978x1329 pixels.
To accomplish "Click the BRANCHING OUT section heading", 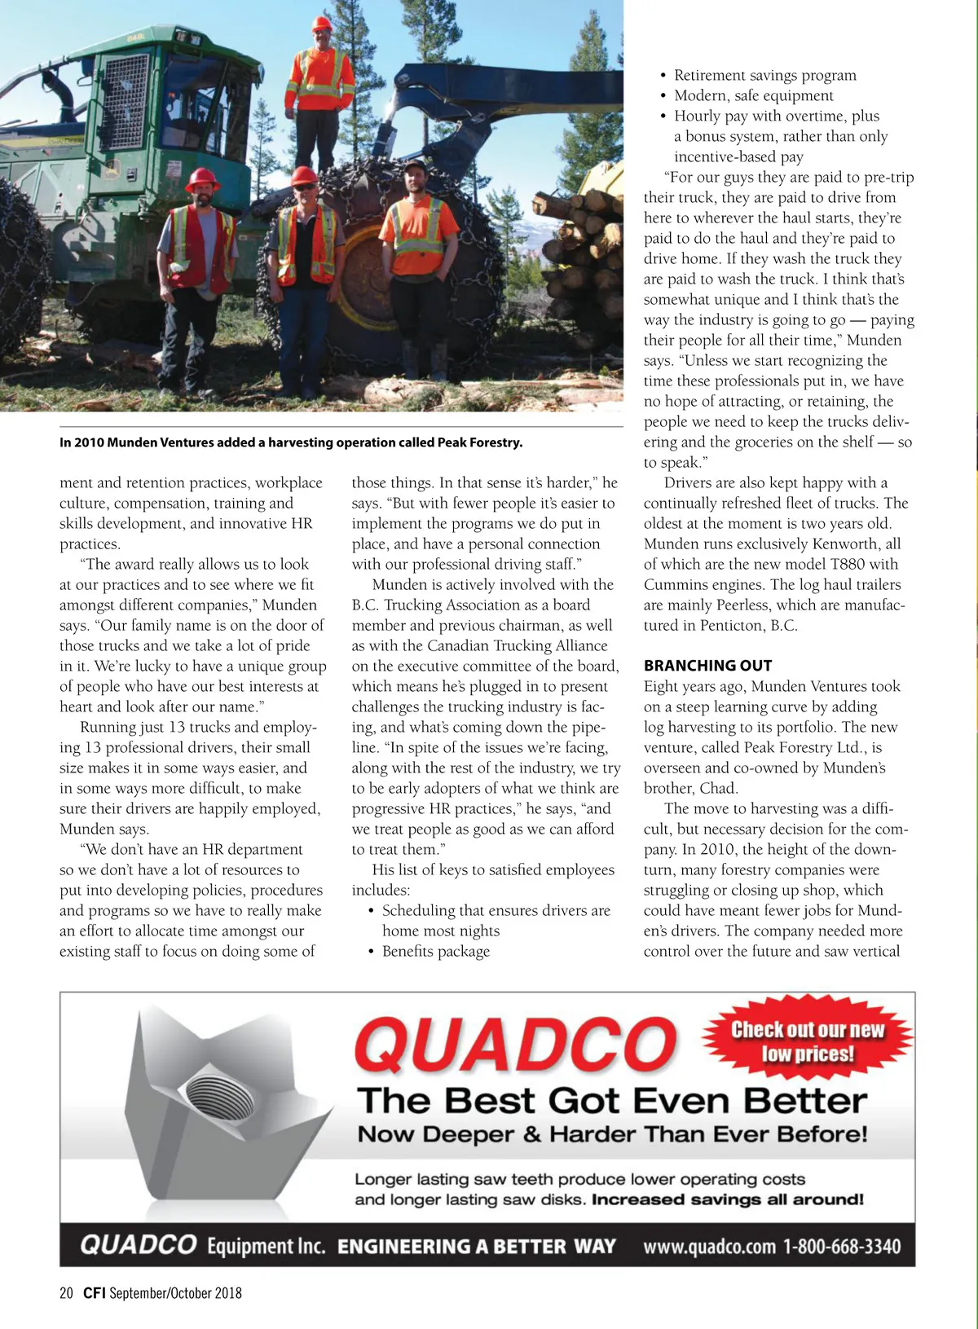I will click(x=707, y=666).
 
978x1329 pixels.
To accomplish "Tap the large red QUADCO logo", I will click(x=515, y=1045).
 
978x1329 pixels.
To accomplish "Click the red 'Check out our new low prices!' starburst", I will click(x=807, y=1041).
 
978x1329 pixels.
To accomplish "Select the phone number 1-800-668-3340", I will click(x=842, y=1247).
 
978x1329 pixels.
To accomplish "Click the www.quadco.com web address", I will click(x=709, y=1247).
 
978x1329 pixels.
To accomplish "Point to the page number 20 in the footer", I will click(x=66, y=1293).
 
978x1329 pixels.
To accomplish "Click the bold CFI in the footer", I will click(x=95, y=1293).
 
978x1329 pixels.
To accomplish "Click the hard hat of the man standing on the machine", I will click(x=322, y=24).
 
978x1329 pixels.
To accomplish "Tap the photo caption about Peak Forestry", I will click(x=291, y=442).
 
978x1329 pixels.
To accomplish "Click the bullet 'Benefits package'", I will click(x=436, y=951).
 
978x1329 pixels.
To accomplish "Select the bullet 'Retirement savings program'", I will click(x=764, y=75).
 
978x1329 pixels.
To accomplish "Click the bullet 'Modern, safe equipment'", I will click(x=753, y=95).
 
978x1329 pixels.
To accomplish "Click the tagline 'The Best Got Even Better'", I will click(x=612, y=1101).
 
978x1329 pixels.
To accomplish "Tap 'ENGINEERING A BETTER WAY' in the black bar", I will click(x=476, y=1247).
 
